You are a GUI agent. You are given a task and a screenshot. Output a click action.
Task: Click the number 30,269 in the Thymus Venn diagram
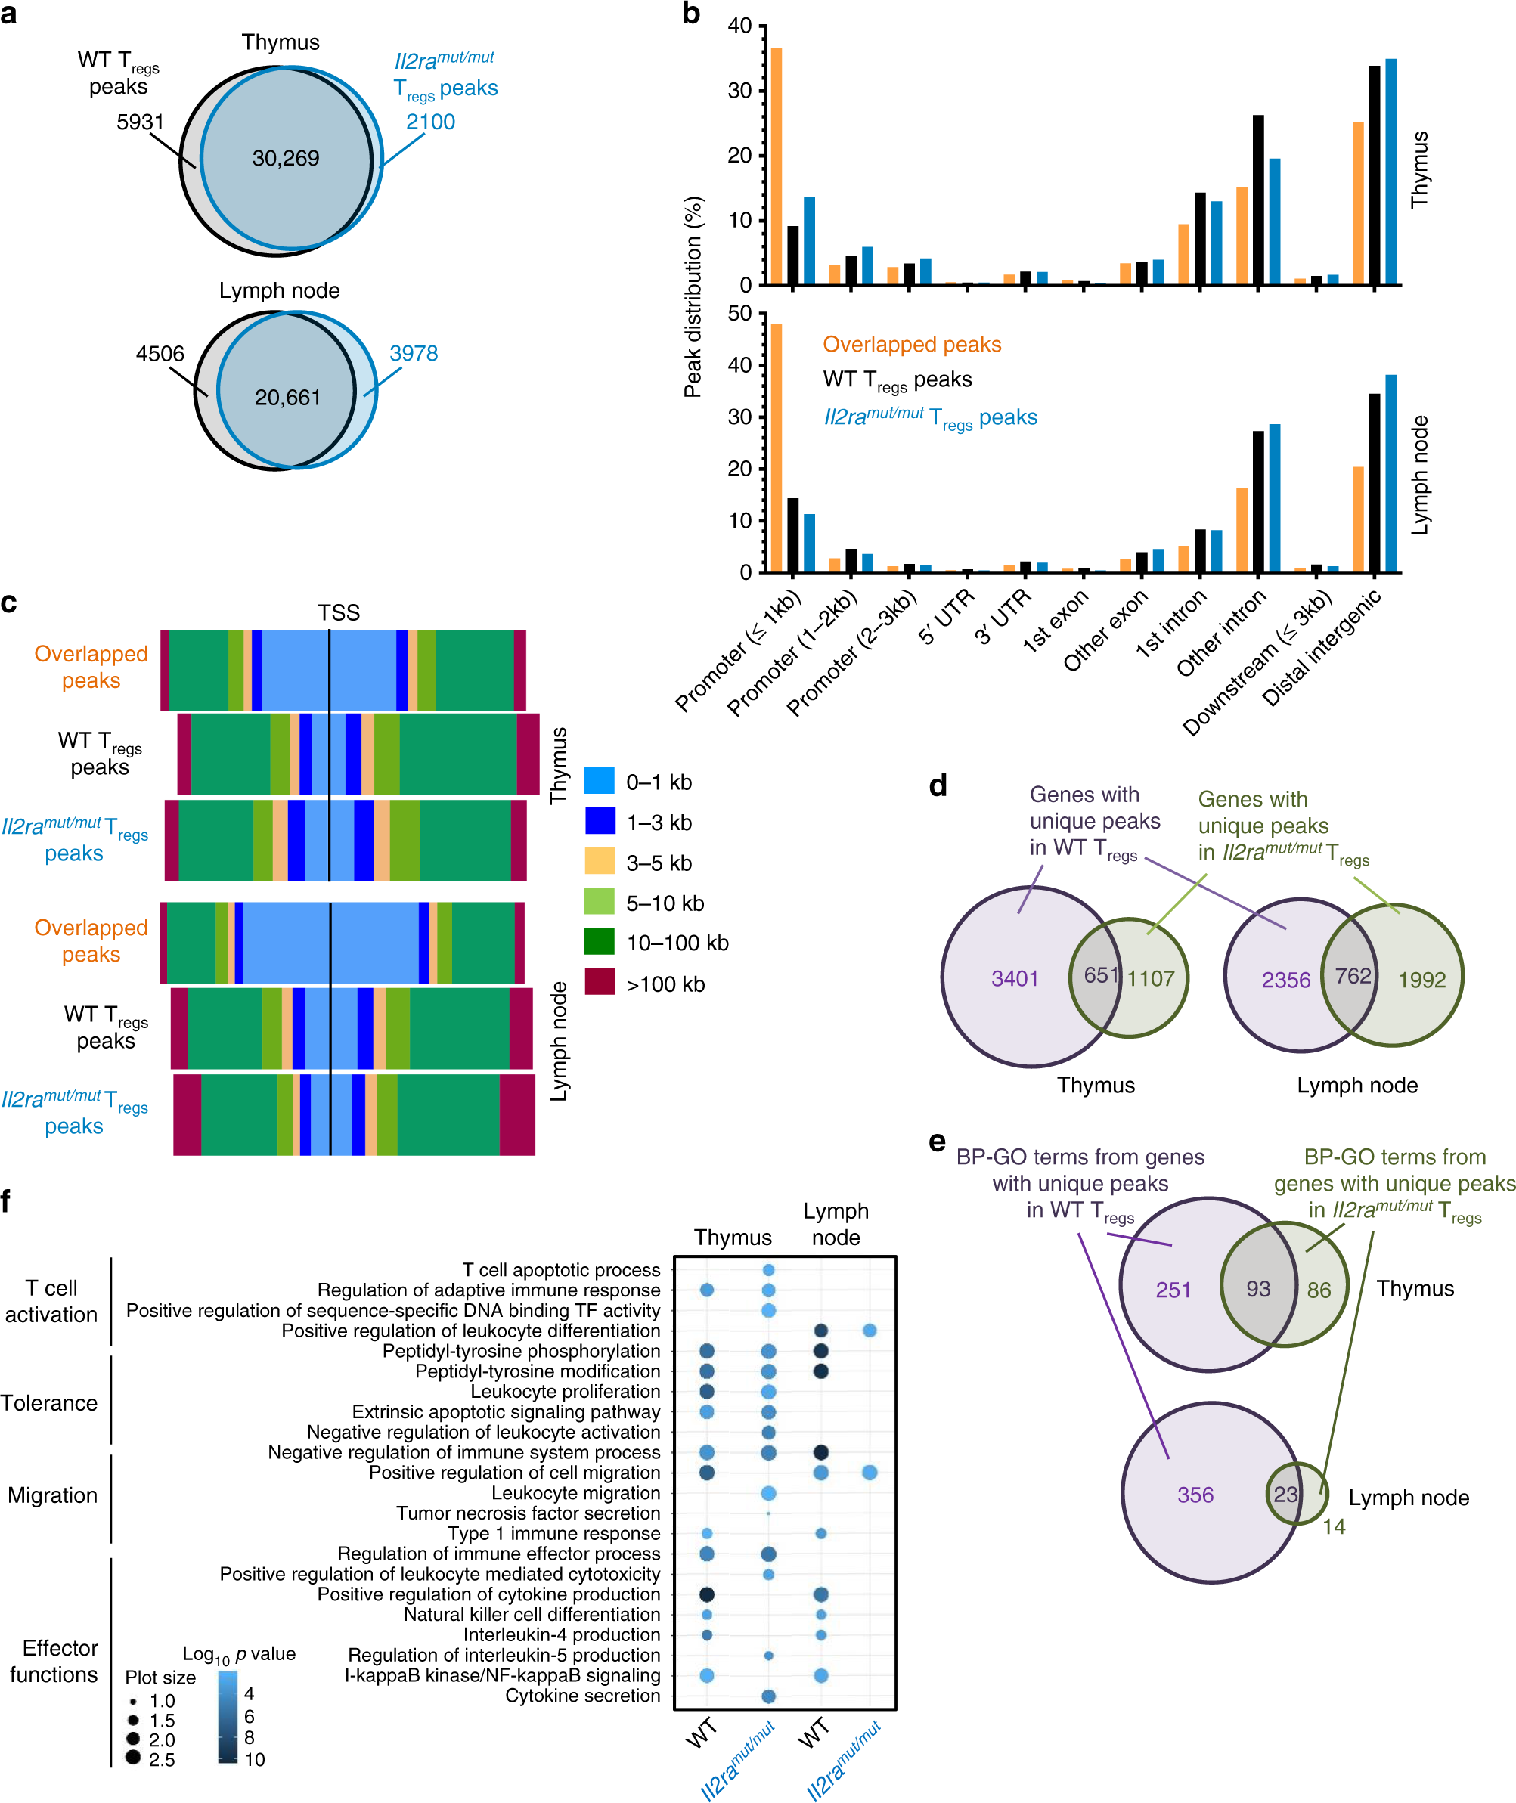click(x=285, y=158)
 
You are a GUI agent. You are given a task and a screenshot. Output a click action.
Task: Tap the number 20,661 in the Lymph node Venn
click(x=287, y=397)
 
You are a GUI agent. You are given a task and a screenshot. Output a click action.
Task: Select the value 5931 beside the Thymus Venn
click(x=140, y=122)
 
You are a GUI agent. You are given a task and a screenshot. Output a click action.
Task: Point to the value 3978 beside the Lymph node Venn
click(x=414, y=353)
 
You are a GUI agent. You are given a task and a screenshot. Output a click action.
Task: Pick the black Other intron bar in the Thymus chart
click(x=1258, y=200)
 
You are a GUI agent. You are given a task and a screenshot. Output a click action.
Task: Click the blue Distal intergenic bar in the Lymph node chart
click(x=1390, y=472)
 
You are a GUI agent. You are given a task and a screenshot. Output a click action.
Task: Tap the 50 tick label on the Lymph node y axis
click(x=739, y=314)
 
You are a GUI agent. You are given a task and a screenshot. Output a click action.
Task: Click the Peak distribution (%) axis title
click(x=693, y=296)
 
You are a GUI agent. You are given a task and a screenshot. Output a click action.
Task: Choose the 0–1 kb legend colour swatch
click(x=599, y=781)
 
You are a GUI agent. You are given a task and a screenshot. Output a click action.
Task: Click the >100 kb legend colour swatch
click(x=599, y=982)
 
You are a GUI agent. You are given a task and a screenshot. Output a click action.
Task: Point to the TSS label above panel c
click(x=339, y=613)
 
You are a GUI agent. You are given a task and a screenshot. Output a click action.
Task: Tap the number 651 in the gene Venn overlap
click(x=1100, y=974)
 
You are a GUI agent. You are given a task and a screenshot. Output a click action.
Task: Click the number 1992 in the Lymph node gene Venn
click(x=1421, y=980)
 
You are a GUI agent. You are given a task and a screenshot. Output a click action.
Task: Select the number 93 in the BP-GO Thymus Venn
click(x=1258, y=1289)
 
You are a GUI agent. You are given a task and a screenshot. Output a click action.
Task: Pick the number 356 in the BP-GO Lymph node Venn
click(x=1195, y=1495)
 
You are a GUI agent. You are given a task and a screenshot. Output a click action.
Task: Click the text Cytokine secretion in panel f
click(x=583, y=1696)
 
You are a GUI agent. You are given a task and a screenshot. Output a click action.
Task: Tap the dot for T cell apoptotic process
click(x=768, y=1270)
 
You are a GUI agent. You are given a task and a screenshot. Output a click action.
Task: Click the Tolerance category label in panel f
click(x=49, y=1403)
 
